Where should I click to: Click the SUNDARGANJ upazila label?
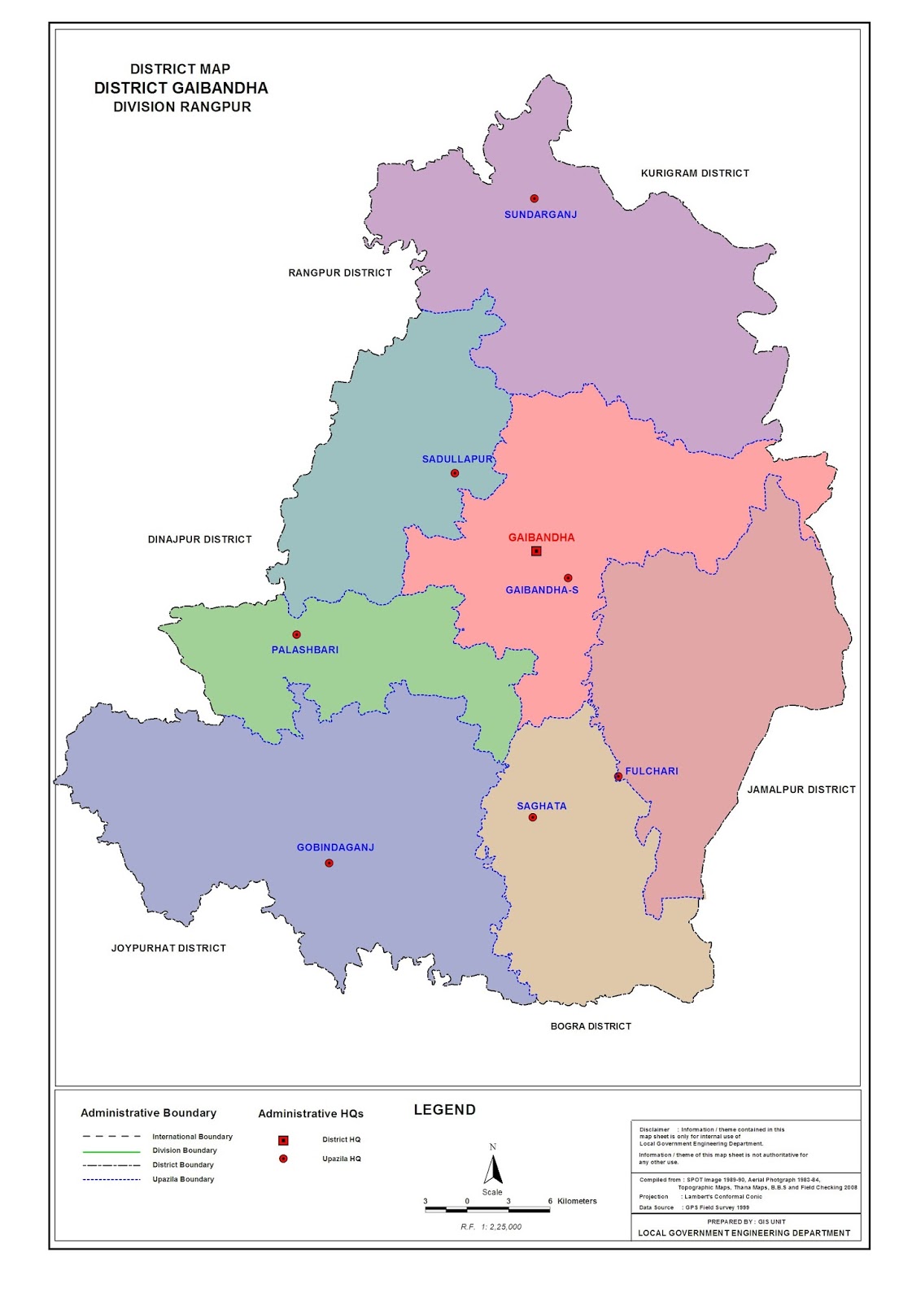tap(540, 215)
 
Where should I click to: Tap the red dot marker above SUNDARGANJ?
tap(535, 198)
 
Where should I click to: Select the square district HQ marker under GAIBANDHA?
tap(536, 551)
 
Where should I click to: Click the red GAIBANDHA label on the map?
tap(541, 537)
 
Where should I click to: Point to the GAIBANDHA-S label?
tap(542, 590)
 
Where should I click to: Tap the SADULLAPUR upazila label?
tap(456, 459)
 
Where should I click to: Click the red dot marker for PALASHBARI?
tap(297, 634)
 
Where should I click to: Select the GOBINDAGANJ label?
tap(335, 847)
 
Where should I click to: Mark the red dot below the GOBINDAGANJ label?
tap(329, 863)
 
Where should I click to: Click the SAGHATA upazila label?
tap(541, 806)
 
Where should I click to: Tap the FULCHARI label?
tap(651, 771)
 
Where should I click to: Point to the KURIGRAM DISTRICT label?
tap(695, 173)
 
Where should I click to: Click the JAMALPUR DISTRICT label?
tap(801, 790)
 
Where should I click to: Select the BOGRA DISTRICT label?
tap(591, 1026)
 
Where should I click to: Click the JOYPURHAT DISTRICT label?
tap(168, 948)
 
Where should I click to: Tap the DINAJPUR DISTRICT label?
tap(199, 539)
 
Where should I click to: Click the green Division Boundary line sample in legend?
tap(111, 1151)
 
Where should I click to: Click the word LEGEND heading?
tap(444, 1110)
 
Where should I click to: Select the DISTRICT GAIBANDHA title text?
tap(181, 88)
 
